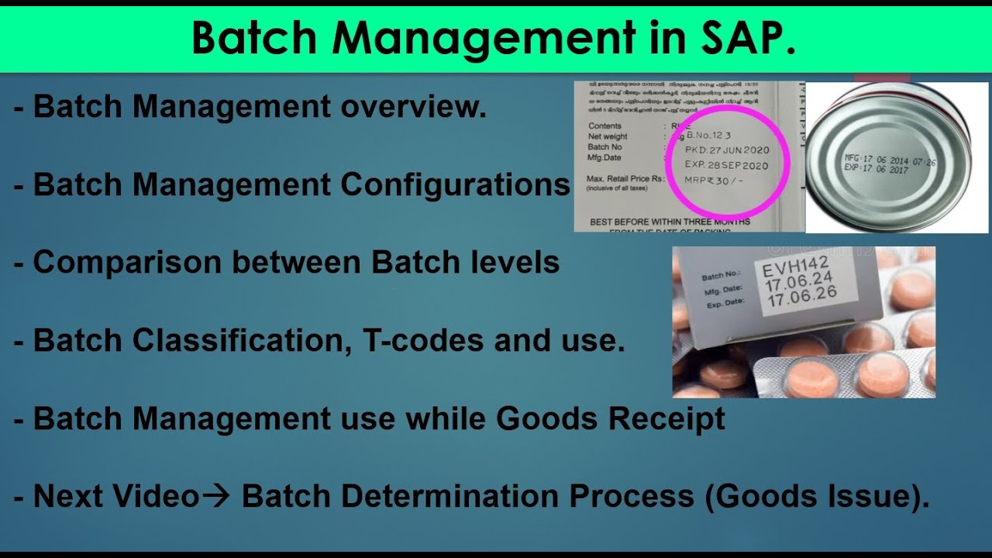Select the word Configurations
455,184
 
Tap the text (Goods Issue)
816,497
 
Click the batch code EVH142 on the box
792,270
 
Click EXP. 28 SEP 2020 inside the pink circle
726,166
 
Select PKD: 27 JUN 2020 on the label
726,150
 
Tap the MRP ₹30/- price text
718,181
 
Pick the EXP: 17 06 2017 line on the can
876,168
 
